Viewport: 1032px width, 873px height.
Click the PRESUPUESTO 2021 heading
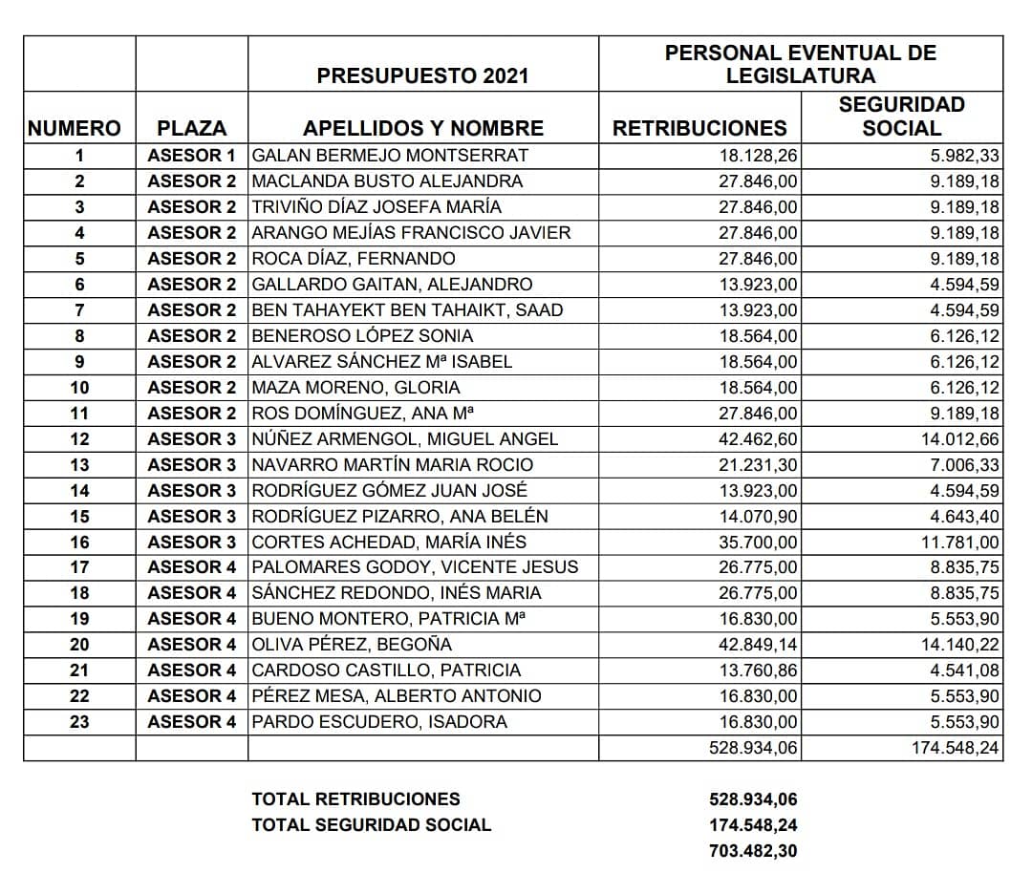coord(422,76)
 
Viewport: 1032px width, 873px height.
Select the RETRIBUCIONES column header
coord(699,128)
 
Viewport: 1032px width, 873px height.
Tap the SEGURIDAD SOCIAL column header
coord(901,116)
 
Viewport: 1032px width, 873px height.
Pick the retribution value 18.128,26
coord(758,156)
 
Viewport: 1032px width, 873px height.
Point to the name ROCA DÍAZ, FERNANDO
coord(354,259)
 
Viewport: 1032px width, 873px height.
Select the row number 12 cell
coord(79,439)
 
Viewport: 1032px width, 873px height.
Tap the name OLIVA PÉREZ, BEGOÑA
coord(352,645)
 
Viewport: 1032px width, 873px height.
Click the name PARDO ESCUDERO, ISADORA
coord(379,722)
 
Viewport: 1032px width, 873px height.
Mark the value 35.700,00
coord(758,543)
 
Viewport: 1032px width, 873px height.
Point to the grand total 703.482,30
coord(752,850)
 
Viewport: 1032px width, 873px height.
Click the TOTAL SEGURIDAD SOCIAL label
coord(371,824)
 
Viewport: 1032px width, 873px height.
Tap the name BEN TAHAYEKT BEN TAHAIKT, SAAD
coord(407,310)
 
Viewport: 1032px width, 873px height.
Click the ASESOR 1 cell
coord(191,156)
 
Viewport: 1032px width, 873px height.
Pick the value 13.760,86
coord(758,671)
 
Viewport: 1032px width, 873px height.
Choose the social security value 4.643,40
coord(962,517)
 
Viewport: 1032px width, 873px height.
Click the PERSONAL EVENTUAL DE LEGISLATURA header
coord(801,64)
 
